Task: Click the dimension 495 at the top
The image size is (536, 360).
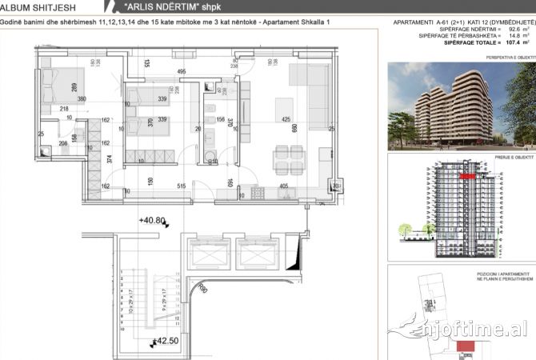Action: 182,72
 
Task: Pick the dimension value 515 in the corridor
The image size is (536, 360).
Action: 182,186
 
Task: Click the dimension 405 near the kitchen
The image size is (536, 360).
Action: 283,186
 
